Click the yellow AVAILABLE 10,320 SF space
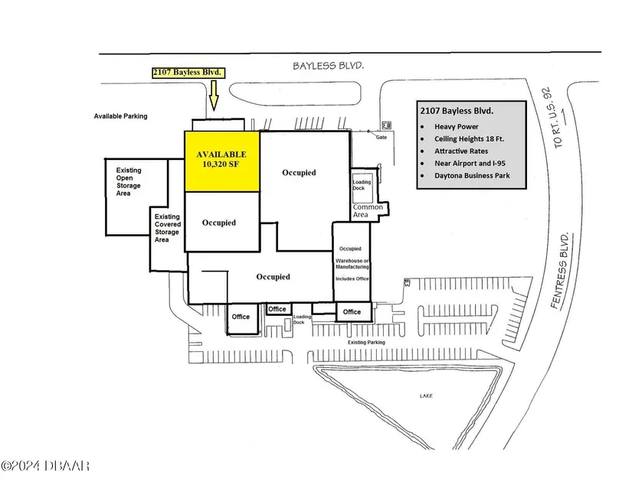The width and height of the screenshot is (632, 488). [x=222, y=161]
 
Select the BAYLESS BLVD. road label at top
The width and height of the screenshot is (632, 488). [x=328, y=66]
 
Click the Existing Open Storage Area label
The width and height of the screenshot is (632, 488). [x=129, y=181]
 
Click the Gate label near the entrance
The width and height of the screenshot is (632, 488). [x=381, y=138]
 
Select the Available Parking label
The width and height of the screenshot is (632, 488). [x=120, y=116]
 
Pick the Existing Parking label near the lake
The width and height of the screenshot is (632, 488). [x=367, y=343]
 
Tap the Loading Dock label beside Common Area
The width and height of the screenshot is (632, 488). [x=362, y=187]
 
